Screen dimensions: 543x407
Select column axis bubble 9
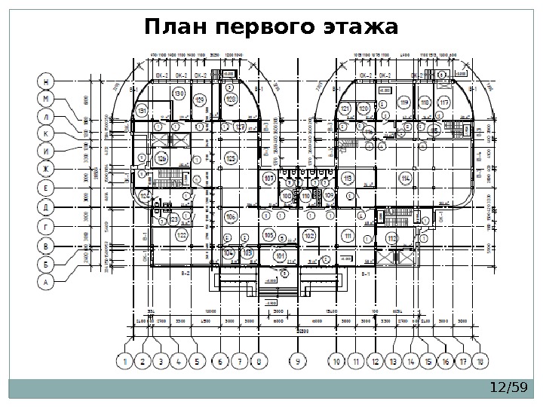click(299, 362)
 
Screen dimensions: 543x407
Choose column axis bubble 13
click(393, 362)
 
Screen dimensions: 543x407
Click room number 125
click(231, 158)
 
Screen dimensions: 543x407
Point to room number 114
click(406, 178)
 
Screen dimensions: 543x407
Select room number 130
click(179, 93)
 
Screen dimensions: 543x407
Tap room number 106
click(231, 218)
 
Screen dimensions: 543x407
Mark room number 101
click(281, 256)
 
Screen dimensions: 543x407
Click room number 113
click(348, 178)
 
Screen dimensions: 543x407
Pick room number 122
click(181, 235)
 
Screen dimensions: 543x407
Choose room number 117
click(444, 103)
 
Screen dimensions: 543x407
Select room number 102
click(309, 236)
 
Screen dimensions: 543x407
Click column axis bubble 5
click(197, 362)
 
